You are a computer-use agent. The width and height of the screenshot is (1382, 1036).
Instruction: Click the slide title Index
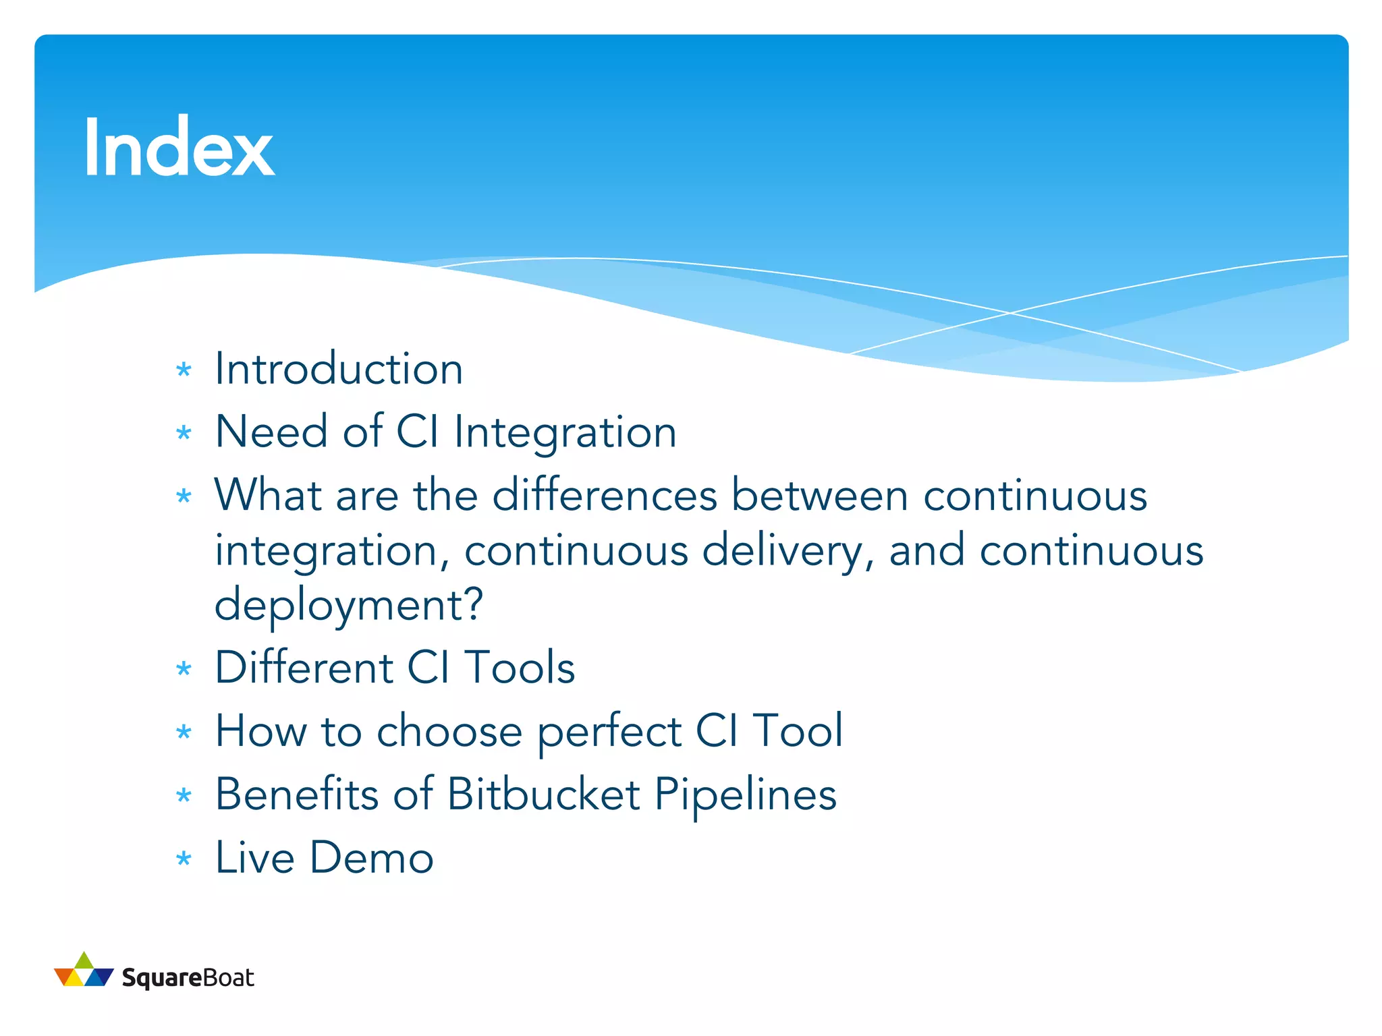[178, 148]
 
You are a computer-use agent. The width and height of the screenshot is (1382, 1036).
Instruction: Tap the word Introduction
[339, 370]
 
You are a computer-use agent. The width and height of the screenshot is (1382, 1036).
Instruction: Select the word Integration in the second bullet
[565, 432]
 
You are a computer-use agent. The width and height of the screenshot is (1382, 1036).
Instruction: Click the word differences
[605, 496]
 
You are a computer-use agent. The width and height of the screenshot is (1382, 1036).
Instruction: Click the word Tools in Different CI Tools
[520, 668]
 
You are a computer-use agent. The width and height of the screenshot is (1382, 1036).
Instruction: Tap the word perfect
[609, 731]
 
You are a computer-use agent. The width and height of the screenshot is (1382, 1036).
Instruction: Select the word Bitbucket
[543, 794]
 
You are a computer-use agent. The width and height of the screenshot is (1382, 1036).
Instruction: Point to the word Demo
[371, 858]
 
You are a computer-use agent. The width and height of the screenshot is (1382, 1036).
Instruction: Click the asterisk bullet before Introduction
[184, 370]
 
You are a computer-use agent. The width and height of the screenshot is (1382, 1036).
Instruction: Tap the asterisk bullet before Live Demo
[184, 859]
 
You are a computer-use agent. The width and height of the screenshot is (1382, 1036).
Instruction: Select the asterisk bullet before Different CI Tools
[184, 668]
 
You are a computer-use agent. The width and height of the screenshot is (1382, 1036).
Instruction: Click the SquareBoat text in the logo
[188, 978]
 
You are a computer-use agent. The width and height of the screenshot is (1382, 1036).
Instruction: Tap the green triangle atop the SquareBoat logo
[84, 960]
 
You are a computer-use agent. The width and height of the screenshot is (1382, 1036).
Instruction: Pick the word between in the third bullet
[819, 496]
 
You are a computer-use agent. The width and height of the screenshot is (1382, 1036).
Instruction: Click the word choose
[449, 731]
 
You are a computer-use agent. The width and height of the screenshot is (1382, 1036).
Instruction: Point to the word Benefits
[296, 794]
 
